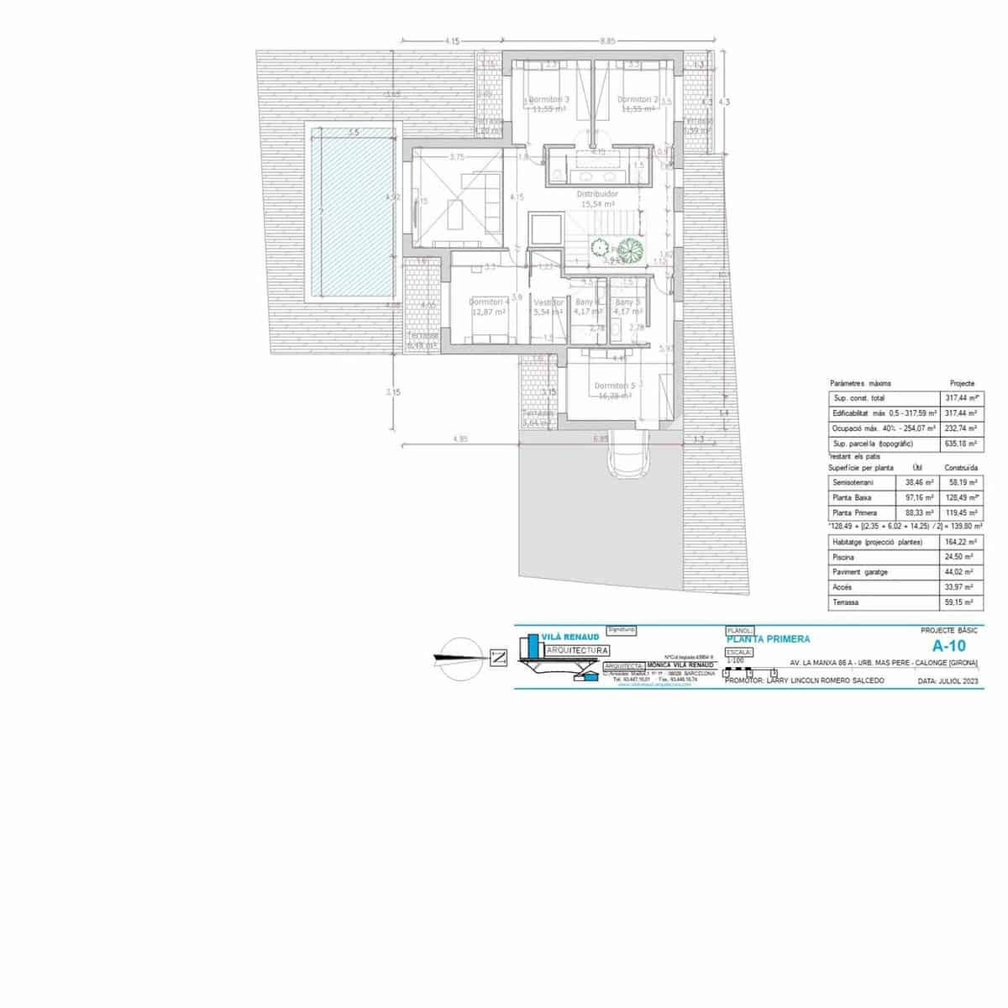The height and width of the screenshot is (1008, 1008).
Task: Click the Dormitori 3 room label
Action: (550, 99)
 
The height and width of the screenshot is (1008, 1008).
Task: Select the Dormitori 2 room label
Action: (638, 99)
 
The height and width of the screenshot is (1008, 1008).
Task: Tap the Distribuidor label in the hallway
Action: (597, 193)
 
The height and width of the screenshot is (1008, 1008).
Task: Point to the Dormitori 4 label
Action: (489, 302)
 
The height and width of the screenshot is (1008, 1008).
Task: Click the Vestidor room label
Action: (549, 302)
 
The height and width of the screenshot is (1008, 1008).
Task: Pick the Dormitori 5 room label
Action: (615, 386)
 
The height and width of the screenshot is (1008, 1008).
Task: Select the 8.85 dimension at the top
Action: (607, 40)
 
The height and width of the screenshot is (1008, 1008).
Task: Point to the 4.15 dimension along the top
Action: (452, 40)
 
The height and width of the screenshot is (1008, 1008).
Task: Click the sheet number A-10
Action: (950, 646)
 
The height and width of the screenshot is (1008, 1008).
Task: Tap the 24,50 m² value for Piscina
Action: (958, 557)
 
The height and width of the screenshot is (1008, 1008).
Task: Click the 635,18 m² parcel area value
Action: (958, 443)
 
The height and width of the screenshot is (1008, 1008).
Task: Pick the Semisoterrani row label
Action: (853, 483)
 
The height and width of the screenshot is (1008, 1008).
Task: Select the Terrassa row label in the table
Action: (846, 602)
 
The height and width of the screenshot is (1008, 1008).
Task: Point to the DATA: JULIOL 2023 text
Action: (947, 681)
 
